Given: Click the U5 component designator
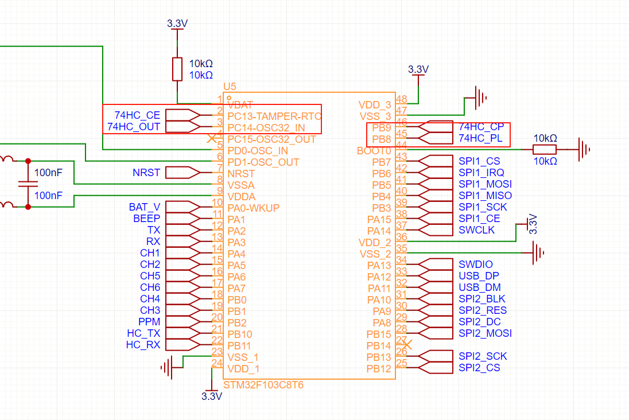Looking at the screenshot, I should click(230, 86).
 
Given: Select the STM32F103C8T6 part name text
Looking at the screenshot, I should click(263, 385).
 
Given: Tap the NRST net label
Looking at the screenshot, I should click(146, 173).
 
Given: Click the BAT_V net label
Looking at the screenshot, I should click(145, 207).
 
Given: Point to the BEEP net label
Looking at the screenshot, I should click(147, 219).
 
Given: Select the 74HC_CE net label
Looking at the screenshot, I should click(137, 115).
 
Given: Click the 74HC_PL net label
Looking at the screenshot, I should click(480, 138).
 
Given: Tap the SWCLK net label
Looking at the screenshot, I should click(476, 230).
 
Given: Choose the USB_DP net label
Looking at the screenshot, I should click(479, 276).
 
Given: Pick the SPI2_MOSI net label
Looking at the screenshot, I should click(485, 333).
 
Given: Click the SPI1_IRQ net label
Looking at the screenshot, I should click(481, 173).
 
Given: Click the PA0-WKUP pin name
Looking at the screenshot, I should click(253, 208).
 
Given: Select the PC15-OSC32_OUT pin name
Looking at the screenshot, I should click(271, 139).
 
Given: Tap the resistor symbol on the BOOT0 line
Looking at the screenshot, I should click(545, 150).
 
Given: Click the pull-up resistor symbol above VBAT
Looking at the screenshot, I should click(177, 69).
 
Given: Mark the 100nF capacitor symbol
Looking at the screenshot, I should click(24, 184).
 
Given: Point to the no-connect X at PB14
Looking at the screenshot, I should click(407, 344).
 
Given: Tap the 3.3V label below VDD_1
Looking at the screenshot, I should click(211, 396).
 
